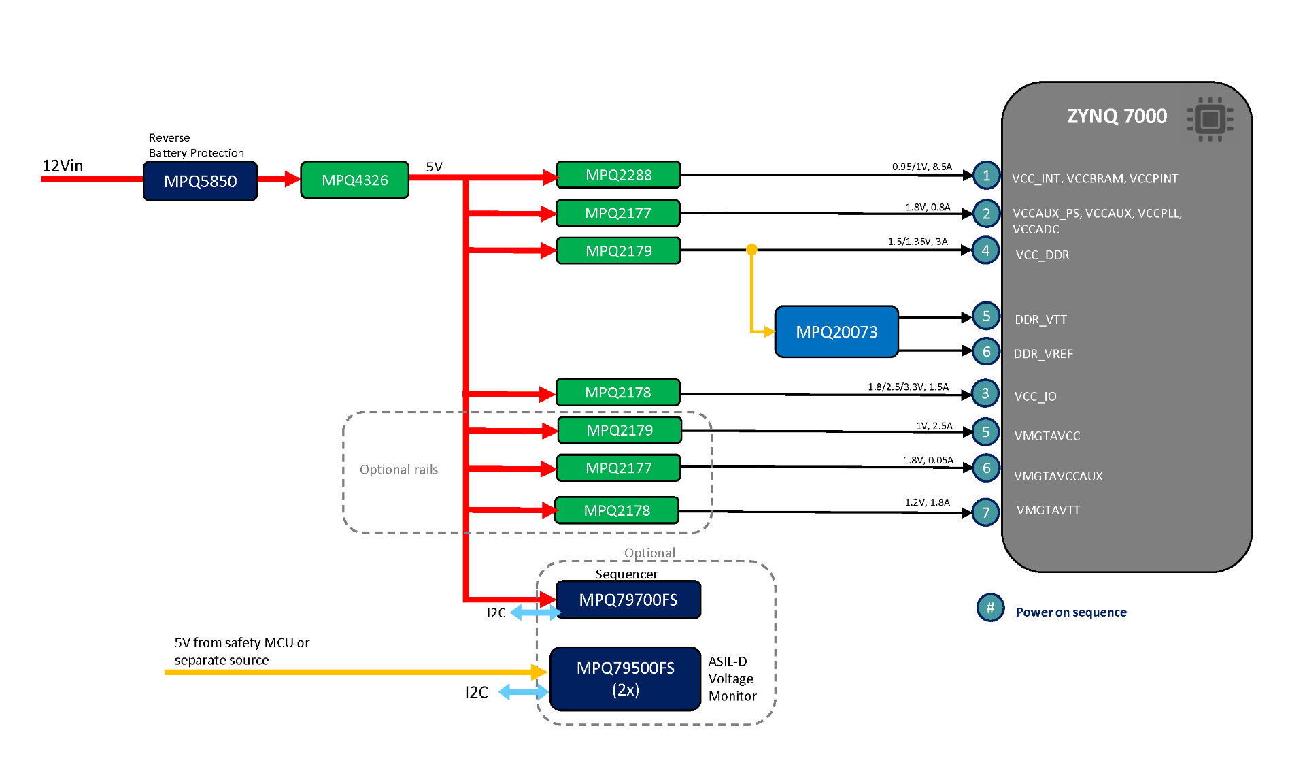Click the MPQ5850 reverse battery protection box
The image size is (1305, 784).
click(200, 181)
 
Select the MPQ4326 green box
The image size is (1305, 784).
click(354, 180)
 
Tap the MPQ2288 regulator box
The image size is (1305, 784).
click(618, 175)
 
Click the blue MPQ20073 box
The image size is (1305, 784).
click(836, 331)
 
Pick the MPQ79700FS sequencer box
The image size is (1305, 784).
click(628, 600)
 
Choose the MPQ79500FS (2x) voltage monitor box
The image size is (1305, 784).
click(625, 679)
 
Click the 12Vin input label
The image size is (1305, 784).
click(63, 166)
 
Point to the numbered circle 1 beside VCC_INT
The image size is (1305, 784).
click(985, 176)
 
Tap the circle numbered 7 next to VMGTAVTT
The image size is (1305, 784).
click(985, 512)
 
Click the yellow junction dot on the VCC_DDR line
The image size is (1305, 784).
click(751, 250)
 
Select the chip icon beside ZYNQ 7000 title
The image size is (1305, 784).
click(1210, 120)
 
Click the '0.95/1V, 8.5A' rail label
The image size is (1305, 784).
click(921, 167)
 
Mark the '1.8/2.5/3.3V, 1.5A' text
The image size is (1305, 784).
click(908, 387)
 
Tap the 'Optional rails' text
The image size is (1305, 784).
click(399, 470)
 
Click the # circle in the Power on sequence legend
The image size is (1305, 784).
click(990, 608)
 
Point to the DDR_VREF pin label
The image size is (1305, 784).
click(1043, 354)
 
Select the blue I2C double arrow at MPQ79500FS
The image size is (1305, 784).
click(523, 692)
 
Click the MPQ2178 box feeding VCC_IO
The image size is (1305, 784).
click(617, 393)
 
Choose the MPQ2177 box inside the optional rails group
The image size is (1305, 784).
click(618, 468)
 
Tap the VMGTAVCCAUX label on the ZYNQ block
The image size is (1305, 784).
click(1058, 476)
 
